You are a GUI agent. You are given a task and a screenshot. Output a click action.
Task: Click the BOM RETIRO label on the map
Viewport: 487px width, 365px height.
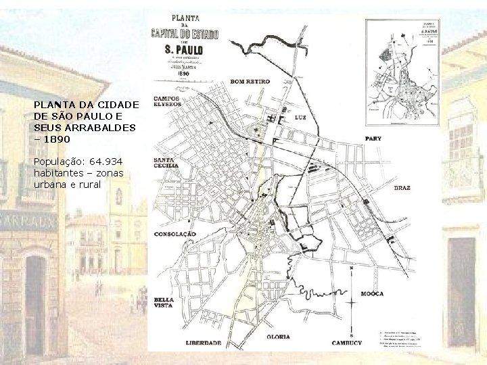pos(250,82)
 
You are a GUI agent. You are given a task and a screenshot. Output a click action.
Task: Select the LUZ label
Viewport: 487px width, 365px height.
pos(302,118)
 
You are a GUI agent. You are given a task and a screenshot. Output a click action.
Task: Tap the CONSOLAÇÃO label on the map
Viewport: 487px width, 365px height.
pos(175,234)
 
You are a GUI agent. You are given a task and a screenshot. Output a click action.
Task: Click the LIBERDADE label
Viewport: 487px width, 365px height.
pos(204,342)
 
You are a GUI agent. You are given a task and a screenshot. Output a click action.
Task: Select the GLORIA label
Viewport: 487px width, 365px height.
pos(279,336)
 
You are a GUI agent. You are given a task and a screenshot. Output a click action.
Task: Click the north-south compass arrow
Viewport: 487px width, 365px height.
pos(351,300)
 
